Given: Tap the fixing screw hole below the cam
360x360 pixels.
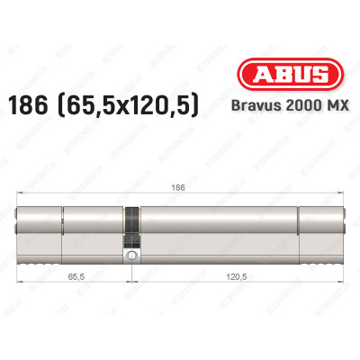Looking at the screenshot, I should point(133,256).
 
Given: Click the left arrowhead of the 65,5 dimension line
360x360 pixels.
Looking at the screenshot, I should point(19,288).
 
